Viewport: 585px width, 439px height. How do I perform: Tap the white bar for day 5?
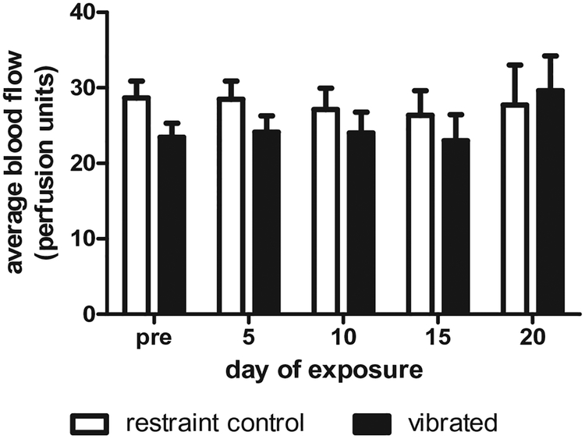(x=231, y=206)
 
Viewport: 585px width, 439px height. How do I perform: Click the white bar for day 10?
(x=325, y=211)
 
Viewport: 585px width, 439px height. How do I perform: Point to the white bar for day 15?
(x=420, y=214)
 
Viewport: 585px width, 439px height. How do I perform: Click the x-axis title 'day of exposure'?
(x=327, y=368)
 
